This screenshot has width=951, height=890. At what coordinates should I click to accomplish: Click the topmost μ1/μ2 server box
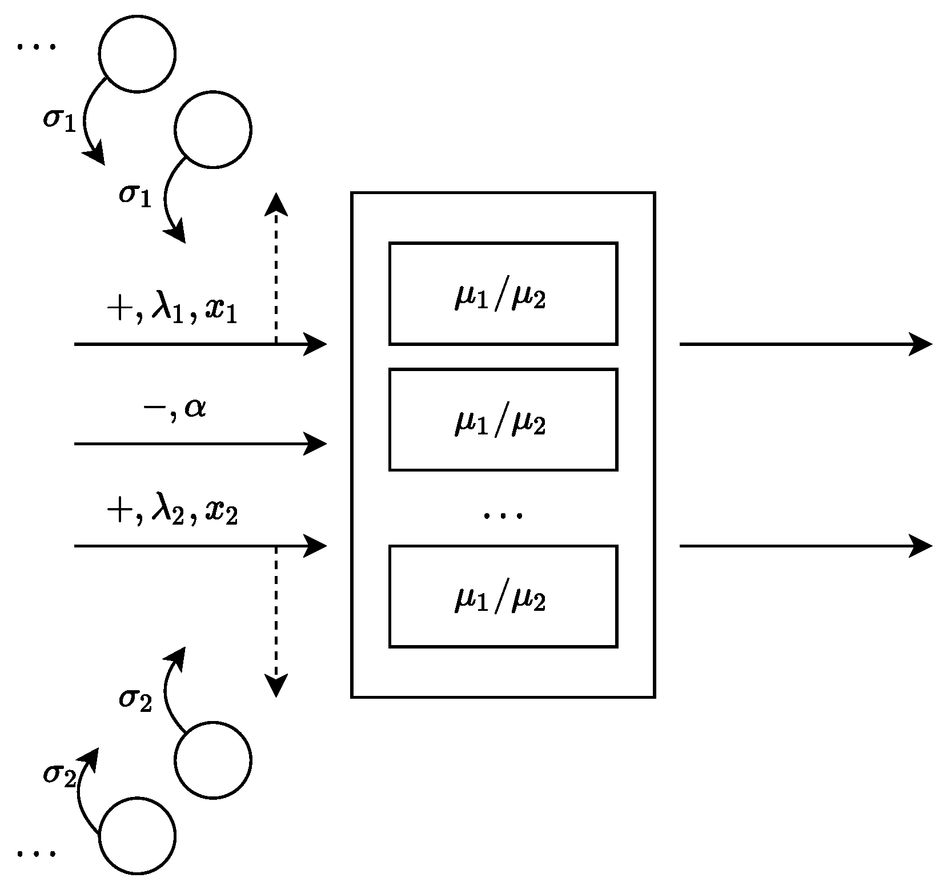[503, 293]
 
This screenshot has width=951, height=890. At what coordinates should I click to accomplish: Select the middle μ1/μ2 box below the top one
[503, 420]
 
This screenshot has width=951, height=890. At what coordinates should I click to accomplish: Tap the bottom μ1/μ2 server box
[503, 596]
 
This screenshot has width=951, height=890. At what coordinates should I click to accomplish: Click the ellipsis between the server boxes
[503, 516]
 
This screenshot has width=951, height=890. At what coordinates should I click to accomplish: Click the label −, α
[175, 409]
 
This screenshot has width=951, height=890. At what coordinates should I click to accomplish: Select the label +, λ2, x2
[172, 512]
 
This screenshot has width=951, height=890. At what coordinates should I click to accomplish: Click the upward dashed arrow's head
[276, 203]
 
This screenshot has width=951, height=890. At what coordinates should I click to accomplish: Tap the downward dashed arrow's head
[276, 687]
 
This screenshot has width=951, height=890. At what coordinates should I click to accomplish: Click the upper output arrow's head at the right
[921, 344]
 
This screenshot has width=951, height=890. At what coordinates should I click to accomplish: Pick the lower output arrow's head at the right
[921, 546]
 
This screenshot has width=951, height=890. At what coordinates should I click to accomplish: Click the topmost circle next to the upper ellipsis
[137, 54]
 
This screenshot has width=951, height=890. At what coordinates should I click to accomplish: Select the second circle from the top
[212, 130]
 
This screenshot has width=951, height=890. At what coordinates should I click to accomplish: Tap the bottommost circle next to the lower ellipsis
[137, 836]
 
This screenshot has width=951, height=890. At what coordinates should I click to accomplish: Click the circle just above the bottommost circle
[212, 760]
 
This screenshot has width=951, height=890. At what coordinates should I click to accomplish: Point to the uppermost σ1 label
[59, 120]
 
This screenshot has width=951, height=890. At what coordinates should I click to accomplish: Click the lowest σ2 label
[59, 775]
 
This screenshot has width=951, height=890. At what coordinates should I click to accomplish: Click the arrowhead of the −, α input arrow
[316, 444]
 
